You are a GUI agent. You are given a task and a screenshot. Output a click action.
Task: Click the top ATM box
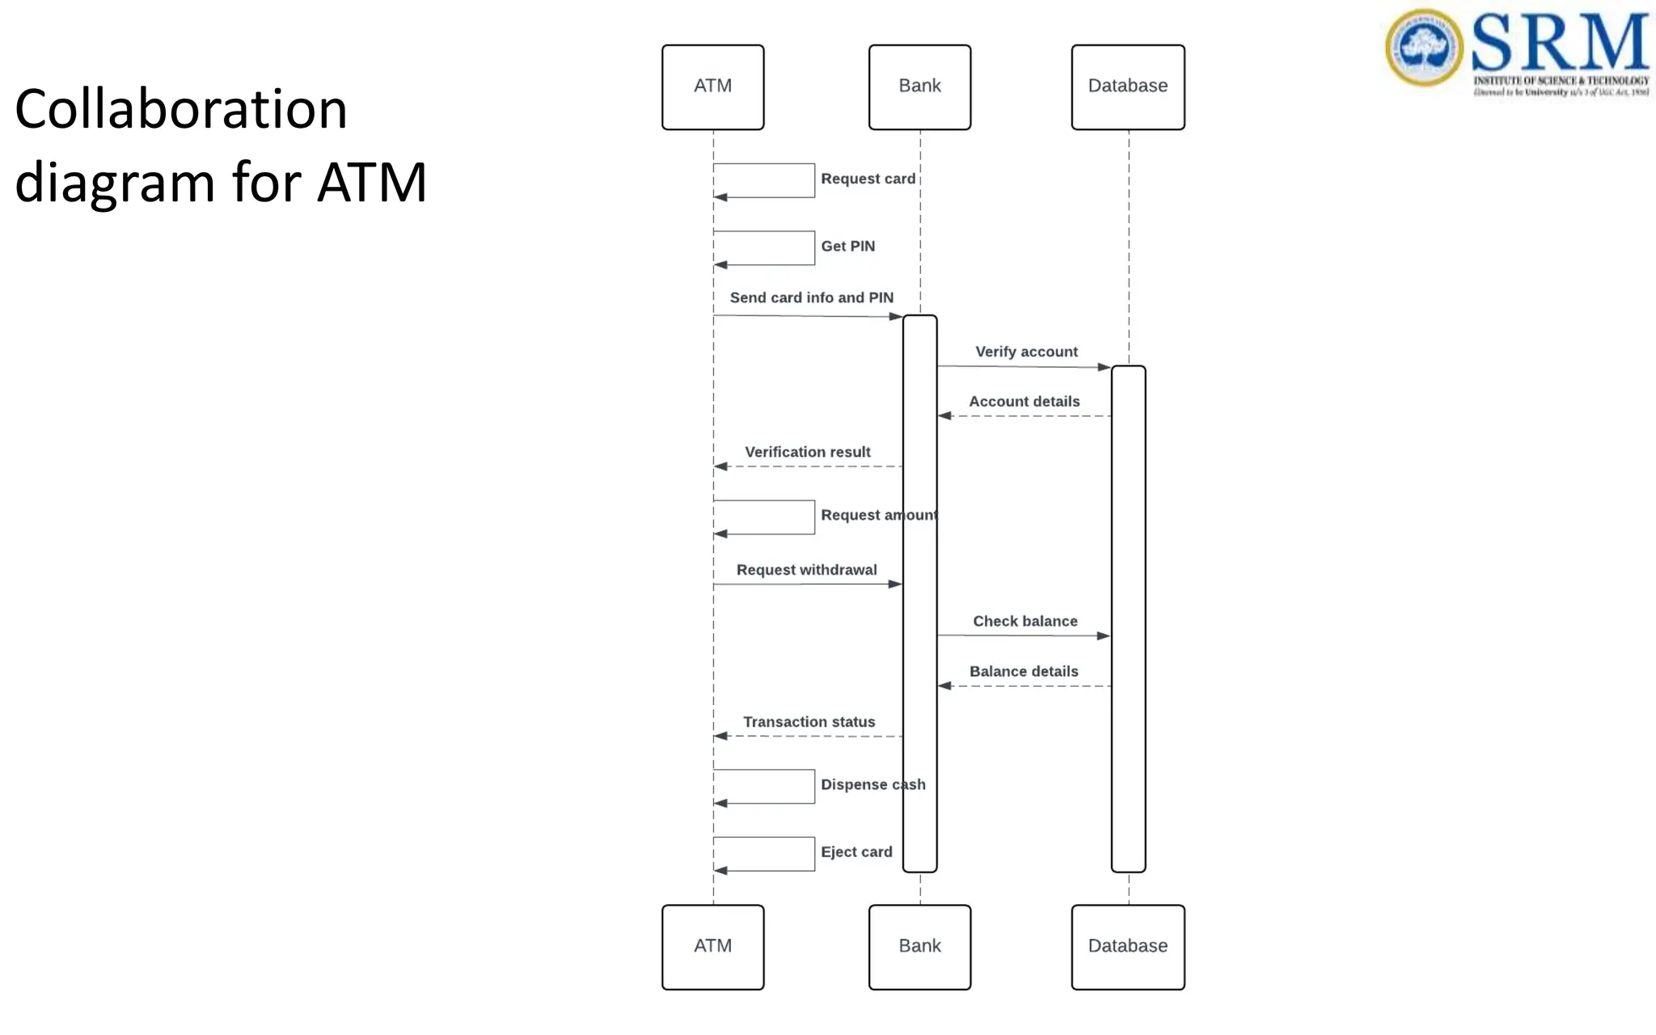[x=712, y=87]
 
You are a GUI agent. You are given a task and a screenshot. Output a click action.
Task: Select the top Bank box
[x=919, y=87]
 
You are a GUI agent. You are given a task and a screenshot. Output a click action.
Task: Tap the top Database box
[x=1128, y=87]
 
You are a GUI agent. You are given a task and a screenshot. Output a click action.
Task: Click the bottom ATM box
[x=712, y=947]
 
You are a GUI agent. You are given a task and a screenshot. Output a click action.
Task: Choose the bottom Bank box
[x=919, y=947]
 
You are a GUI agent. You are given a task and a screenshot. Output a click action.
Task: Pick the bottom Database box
[x=1128, y=947]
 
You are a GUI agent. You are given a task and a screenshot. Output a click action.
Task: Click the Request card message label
[x=868, y=179]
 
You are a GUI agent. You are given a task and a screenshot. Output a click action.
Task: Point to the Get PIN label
[x=847, y=246]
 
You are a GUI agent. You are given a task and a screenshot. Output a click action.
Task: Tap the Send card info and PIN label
[x=811, y=298]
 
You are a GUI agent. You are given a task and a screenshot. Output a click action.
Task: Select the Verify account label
[x=1026, y=352]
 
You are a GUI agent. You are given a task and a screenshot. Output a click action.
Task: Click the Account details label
[x=1024, y=402]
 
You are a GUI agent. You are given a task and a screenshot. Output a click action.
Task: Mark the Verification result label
[x=807, y=452]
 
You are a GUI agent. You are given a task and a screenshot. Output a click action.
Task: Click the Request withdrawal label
[x=806, y=570]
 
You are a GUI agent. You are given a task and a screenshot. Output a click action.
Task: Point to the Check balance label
[x=1024, y=621]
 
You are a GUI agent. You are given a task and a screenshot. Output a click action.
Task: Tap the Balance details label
[x=1024, y=672]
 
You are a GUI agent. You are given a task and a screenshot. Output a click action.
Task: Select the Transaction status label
[x=809, y=722]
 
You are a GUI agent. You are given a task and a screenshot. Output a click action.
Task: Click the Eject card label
[x=856, y=852]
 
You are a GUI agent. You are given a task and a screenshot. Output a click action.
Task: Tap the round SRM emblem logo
[x=1424, y=47]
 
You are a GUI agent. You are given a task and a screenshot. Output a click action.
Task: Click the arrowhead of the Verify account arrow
[x=1104, y=367]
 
